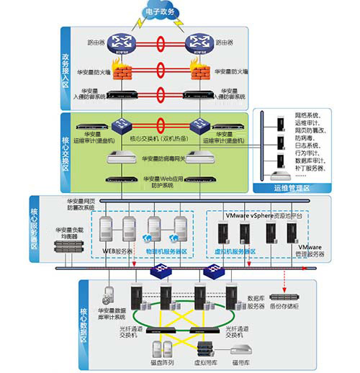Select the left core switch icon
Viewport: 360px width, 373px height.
point(120,125)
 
